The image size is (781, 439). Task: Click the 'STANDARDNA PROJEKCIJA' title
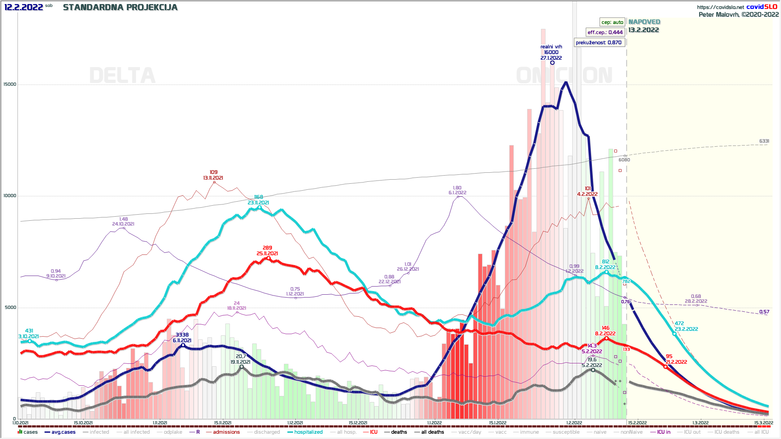click(x=120, y=7)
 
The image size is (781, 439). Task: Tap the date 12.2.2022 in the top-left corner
click(x=24, y=7)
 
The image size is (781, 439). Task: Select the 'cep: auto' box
click(x=612, y=22)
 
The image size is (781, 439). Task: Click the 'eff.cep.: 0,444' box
click(x=605, y=32)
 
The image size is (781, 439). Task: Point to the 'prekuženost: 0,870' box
click(x=599, y=42)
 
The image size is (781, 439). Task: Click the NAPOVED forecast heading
click(x=644, y=22)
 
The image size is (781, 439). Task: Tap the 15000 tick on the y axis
click(x=10, y=84)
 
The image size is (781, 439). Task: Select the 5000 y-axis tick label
click(x=11, y=307)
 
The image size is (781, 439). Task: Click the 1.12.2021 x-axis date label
click(x=295, y=423)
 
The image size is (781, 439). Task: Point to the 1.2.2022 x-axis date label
click(x=574, y=423)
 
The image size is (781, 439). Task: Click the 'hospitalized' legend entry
click(x=308, y=432)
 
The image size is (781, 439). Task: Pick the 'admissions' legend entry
click(x=226, y=432)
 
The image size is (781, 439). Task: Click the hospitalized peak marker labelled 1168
click(x=260, y=208)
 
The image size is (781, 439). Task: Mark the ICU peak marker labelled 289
click(x=268, y=258)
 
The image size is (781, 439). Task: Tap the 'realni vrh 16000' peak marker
click(x=552, y=63)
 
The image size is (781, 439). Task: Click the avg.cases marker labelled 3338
click(x=183, y=345)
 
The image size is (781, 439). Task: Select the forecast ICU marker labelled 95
click(x=665, y=367)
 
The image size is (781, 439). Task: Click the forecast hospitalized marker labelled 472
click(x=674, y=334)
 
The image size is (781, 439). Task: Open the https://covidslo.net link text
click(x=720, y=7)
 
